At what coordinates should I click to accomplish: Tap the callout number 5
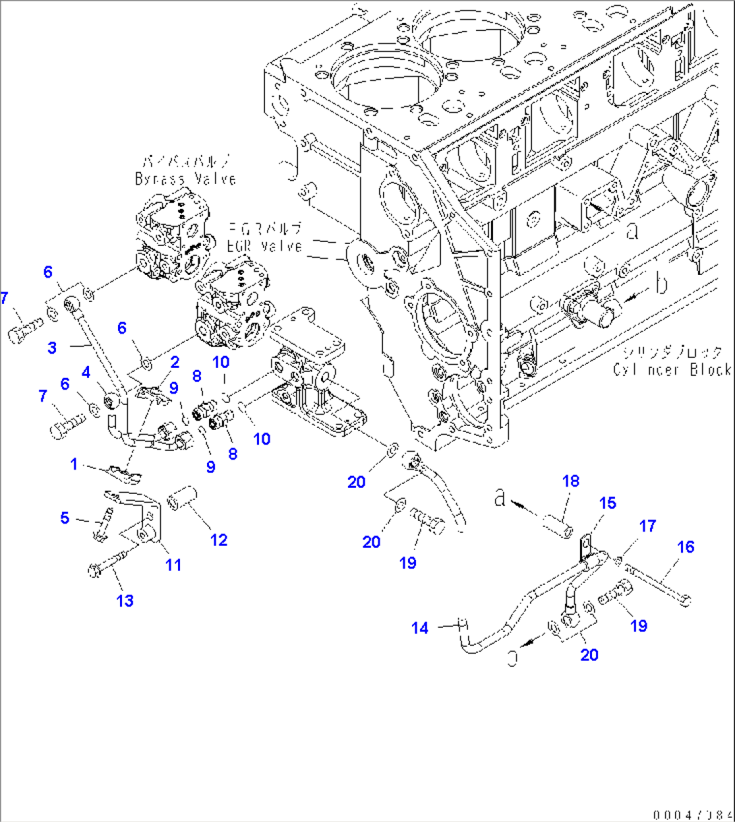tap(65, 517)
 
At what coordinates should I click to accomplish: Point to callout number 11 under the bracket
tap(174, 564)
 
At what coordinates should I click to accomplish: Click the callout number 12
tap(218, 540)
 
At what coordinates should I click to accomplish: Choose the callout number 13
tap(125, 600)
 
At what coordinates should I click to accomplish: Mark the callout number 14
tap(419, 628)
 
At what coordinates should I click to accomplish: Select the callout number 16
tap(685, 547)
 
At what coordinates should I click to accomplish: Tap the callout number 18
tap(571, 480)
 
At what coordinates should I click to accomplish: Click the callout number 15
tap(608, 503)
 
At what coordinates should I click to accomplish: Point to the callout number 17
tap(647, 526)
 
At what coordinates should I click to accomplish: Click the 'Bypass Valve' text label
tap(185, 179)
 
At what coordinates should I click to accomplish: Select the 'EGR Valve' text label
tap(265, 246)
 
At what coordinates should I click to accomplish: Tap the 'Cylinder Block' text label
tap(672, 369)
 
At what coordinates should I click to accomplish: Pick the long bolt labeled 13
tap(111, 563)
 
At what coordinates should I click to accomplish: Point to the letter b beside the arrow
tap(662, 283)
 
